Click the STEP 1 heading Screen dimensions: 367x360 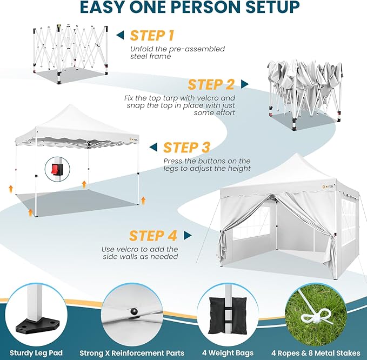point(152,36)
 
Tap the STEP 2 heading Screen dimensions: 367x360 point(211,84)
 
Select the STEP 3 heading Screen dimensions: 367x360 point(186,148)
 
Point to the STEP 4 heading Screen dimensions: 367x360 point(153,236)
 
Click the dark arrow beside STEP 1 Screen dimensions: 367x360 point(120,35)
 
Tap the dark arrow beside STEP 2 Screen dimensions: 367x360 point(245,84)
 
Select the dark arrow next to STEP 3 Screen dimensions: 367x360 point(154,148)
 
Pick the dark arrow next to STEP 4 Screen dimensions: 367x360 point(188,236)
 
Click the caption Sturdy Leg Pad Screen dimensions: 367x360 point(36,353)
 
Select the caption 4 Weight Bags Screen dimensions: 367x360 point(228,353)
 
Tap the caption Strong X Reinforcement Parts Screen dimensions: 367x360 point(132,353)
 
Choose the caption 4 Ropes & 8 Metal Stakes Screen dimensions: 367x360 point(316,353)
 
